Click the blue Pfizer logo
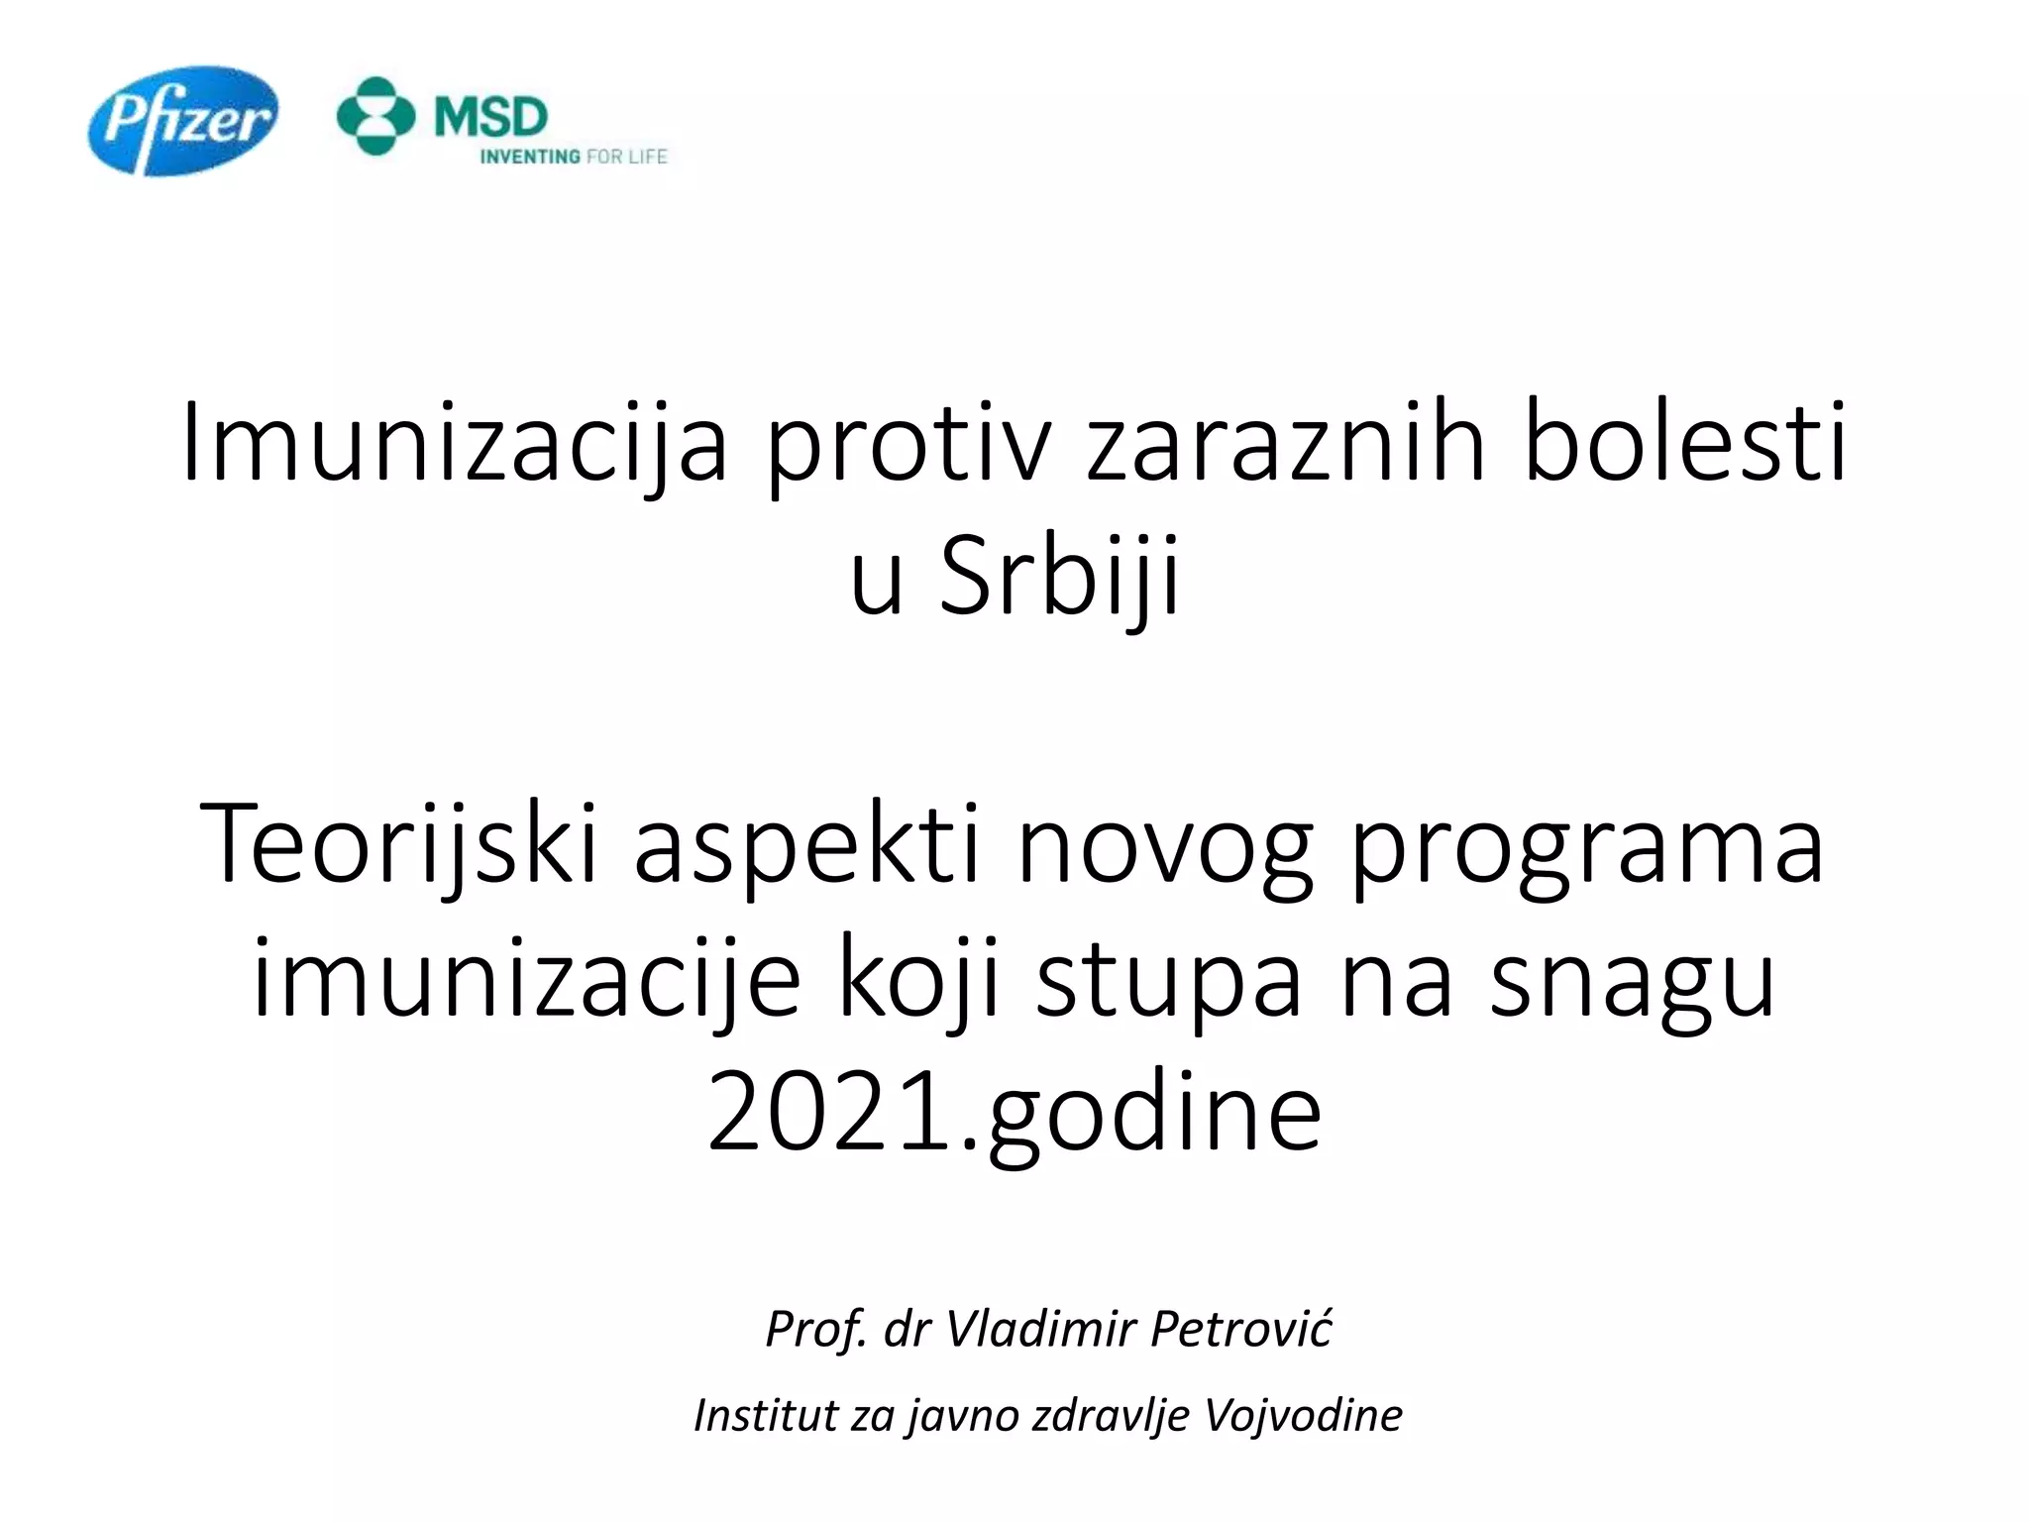coord(183,121)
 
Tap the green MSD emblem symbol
coord(375,116)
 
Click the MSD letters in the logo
coord(490,117)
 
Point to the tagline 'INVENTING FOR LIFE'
coord(574,157)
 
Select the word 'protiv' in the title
coord(907,441)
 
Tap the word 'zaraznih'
coord(1286,441)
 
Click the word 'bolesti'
coord(1684,441)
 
